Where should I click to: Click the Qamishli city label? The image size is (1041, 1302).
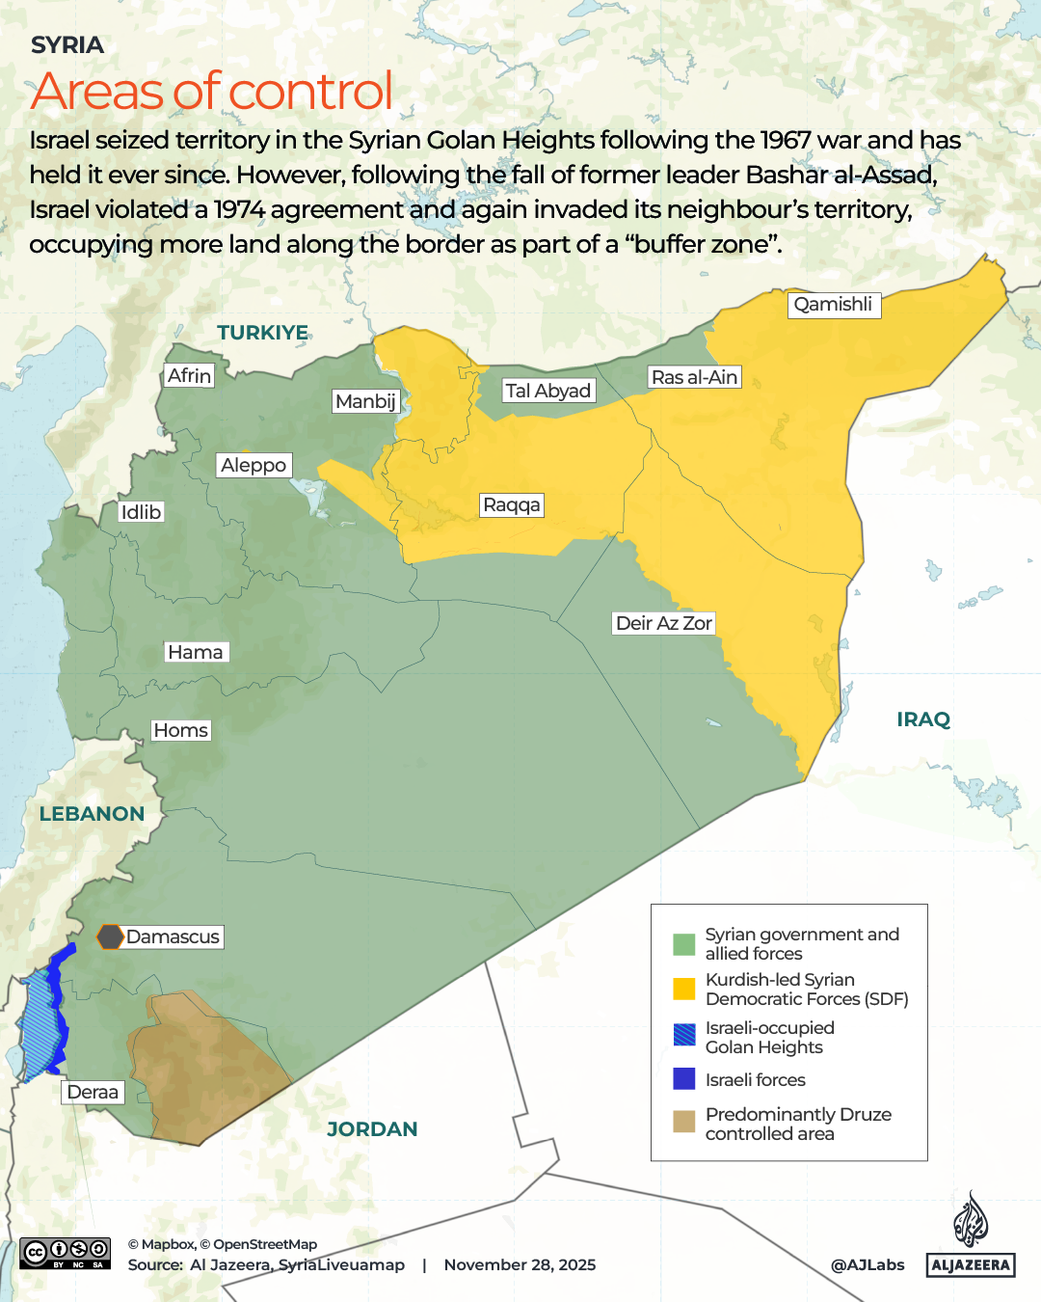[x=834, y=305]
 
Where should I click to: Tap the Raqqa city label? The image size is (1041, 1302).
[x=512, y=505]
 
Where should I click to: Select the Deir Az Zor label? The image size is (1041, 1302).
[x=663, y=623]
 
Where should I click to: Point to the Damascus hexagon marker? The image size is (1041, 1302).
[x=110, y=936]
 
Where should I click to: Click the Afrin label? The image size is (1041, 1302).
[x=189, y=376]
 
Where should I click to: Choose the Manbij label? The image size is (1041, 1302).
[x=365, y=401]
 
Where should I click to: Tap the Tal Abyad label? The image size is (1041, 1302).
[x=547, y=391]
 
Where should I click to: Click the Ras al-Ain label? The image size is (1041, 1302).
[x=694, y=377]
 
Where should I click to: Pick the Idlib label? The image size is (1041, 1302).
[x=141, y=512]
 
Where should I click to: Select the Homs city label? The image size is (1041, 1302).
[x=180, y=730]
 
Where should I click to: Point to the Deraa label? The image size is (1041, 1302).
[x=93, y=1092]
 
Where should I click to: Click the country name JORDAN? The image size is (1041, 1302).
[x=372, y=1129]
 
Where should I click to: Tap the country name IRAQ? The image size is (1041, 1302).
[x=922, y=719]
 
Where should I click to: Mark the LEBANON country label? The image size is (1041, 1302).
[x=92, y=814]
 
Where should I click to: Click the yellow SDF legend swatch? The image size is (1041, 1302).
[x=683, y=989]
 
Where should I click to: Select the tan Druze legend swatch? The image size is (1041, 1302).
[x=683, y=1122]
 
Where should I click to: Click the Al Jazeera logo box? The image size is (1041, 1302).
[x=971, y=1264]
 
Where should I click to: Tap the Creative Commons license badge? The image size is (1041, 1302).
[x=65, y=1253]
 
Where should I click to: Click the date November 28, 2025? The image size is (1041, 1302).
[x=520, y=1264]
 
